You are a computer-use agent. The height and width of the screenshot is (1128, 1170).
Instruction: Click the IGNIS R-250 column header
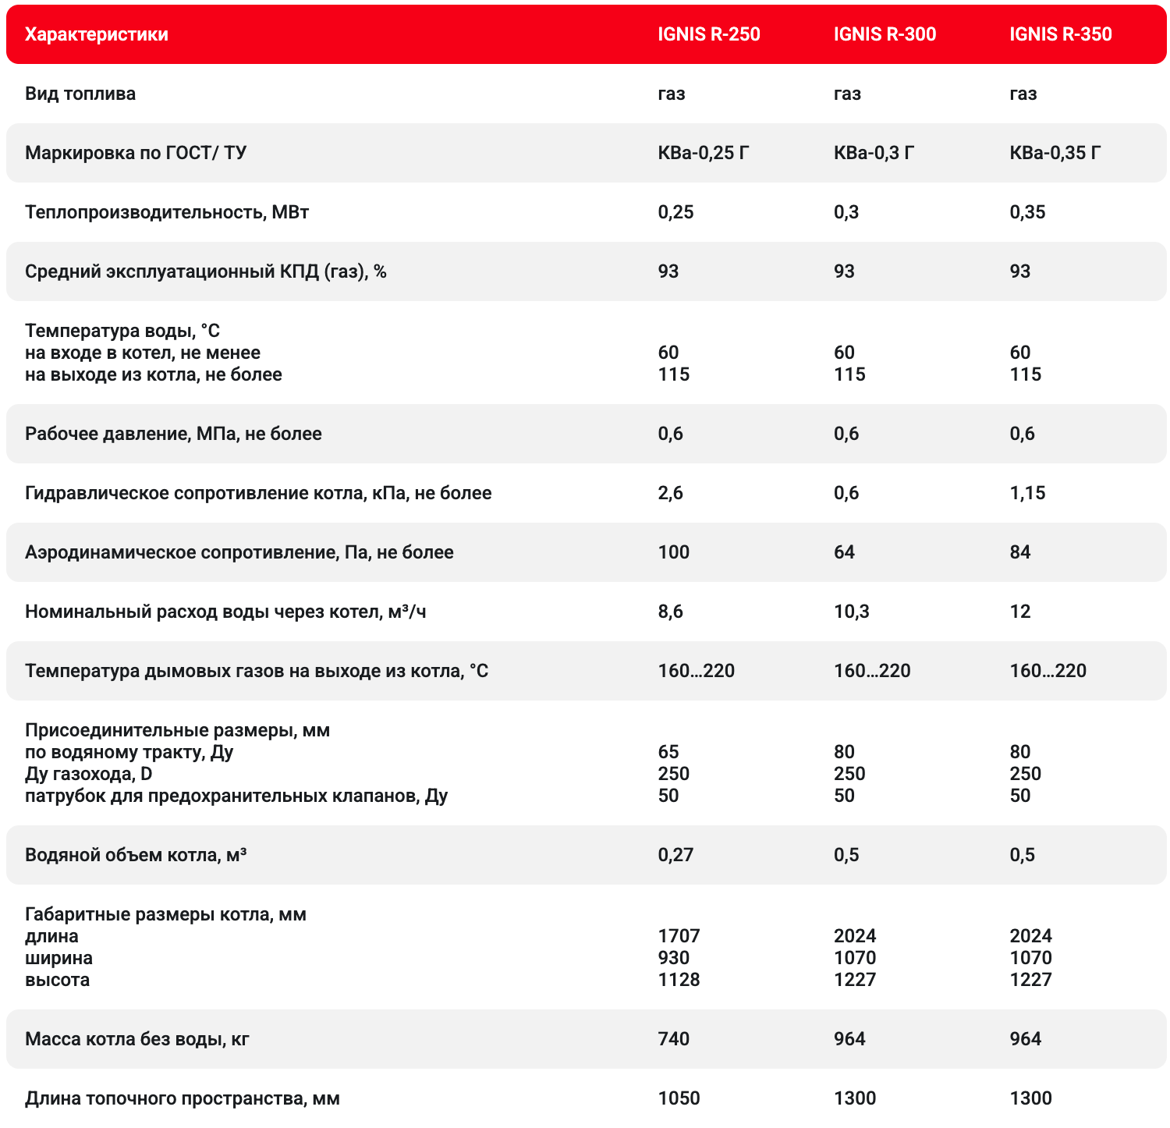pos(708,34)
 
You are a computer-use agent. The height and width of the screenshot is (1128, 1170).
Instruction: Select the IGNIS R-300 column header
pos(885,34)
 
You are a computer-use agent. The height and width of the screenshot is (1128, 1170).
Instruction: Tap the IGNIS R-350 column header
pos(1060,34)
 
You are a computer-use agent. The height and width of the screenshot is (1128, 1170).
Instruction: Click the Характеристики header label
pos(96,34)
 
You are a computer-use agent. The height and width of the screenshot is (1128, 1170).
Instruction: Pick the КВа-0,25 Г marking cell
pos(703,153)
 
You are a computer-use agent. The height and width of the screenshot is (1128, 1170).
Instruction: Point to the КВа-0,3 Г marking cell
pos(874,153)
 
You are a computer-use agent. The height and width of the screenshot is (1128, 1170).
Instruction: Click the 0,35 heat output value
pos(1027,212)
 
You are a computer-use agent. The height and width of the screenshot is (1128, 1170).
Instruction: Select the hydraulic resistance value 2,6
pos(670,493)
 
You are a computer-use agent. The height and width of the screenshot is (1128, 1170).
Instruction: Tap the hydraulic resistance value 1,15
pos(1027,493)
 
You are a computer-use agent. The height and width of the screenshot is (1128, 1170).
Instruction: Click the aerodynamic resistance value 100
pos(674,552)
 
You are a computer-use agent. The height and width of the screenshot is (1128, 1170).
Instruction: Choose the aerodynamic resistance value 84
pos(1019,552)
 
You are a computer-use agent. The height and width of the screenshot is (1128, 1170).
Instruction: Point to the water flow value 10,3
pos(851,612)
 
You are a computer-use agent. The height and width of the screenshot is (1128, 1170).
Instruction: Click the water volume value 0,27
pos(675,855)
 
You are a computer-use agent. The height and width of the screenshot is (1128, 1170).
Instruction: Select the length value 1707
pos(679,936)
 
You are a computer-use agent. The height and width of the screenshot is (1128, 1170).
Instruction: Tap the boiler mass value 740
pos(674,1039)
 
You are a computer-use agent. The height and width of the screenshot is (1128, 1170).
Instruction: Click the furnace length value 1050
pos(679,1098)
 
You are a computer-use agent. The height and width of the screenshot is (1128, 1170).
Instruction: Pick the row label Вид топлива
pos(80,94)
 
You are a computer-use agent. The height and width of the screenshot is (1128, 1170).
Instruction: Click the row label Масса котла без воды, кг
pos(137,1039)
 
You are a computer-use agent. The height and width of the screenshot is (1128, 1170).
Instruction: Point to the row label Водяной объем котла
pos(136,855)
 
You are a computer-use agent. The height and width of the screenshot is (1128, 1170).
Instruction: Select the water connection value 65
pos(668,752)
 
